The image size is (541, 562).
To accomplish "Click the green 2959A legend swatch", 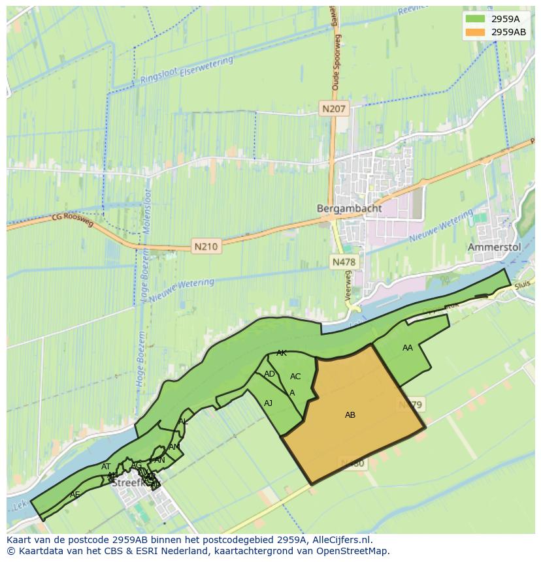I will pos(475,18).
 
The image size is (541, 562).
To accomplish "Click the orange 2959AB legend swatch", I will pos(475,31).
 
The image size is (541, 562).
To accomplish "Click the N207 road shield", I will pos(335,109).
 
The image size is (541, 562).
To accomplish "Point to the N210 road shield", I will pos(206,247).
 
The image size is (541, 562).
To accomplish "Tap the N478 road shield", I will pos(344,262).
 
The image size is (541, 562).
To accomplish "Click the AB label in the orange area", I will pos(350,414).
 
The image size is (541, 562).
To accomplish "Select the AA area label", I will pos(408,348).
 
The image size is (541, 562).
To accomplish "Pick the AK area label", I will pos(282,353).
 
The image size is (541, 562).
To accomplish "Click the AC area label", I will pos(295,377).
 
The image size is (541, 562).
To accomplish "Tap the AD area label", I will pos(269,374).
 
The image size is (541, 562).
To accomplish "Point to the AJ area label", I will pos(268,403).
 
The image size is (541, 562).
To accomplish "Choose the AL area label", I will pos(183,422).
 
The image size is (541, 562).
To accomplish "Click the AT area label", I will pos(106,467).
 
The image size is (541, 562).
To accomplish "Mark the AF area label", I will pos(74,495).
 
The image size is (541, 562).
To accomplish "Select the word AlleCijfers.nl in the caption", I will pos(340,540).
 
